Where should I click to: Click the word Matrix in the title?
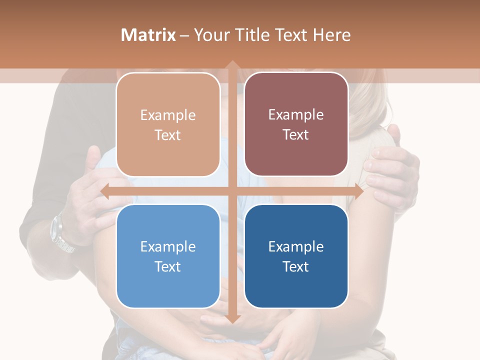pyautogui.click(x=148, y=34)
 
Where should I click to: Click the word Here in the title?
pyautogui.click(x=332, y=34)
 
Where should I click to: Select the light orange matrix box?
pyautogui.click(x=168, y=124)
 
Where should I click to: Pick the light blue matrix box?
pyautogui.click(x=168, y=256)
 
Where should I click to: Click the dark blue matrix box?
pyautogui.click(x=296, y=256)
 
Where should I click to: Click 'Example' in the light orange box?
pyautogui.click(x=168, y=115)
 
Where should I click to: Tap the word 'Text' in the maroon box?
pyautogui.click(x=296, y=134)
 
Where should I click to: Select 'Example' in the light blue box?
pyautogui.click(x=168, y=246)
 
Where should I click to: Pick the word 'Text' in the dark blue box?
pyautogui.click(x=296, y=266)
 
